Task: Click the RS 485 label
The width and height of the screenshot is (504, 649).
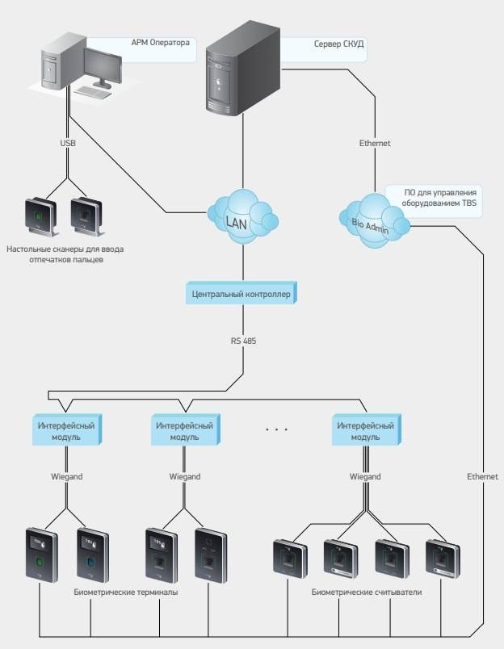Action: click(x=243, y=341)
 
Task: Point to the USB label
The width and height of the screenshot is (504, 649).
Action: click(x=69, y=143)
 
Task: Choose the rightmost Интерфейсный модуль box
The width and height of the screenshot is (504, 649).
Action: click(x=364, y=429)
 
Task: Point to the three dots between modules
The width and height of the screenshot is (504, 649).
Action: click(x=276, y=429)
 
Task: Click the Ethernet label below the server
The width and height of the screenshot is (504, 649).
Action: click(x=375, y=143)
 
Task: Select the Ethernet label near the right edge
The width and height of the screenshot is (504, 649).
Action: click(x=483, y=477)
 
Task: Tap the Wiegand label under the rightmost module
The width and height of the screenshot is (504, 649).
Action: click(x=365, y=477)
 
